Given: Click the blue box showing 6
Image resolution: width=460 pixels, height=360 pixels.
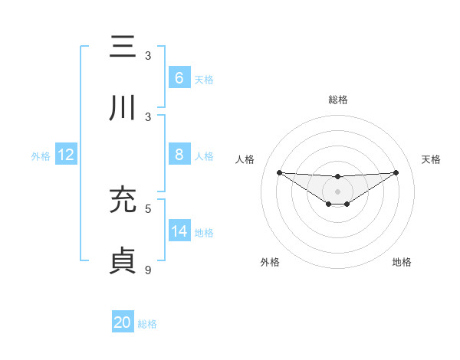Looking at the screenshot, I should pyautogui.click(x=179, y=77).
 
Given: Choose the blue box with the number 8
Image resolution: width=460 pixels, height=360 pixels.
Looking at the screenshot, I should pyautogui.click(x=179, y=155).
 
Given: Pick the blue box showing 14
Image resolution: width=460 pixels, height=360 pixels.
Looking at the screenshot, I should pyautogui.click(x=179, y=231).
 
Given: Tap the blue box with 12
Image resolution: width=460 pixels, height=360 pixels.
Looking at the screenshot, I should pyautogui.click(x=65, y=155).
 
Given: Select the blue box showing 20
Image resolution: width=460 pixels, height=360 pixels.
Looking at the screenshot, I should pyautogui.click(x=123, y=322).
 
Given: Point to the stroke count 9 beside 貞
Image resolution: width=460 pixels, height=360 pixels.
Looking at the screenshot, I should pyautogui.click(x=148, y=270).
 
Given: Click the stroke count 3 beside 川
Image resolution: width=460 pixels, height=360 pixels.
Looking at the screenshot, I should pyautogui.click(x=148, y=116).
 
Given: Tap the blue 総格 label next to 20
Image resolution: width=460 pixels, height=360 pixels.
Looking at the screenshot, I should pyautogui.click(x=147, y=324).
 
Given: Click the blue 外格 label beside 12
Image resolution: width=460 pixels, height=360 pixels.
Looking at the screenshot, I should pyautogui.click(x=41, y=155).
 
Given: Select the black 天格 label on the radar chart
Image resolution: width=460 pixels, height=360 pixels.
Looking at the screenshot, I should pyautogui.click(x=431, y=159).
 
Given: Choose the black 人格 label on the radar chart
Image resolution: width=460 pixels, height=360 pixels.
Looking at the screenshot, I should pyautogui.click(x=246, y=159).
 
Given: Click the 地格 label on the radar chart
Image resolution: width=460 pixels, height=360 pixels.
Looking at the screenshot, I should pyautogui.click(x=402, y=262).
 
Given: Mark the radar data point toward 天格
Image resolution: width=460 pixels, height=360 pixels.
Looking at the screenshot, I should pyautogui.click(x=396, y=172).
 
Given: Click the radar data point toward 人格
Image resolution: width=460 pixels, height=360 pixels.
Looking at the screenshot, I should pyautogui.click(x=279, y=172).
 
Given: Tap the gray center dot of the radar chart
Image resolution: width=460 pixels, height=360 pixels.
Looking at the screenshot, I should pyautogui.click(x=337, y=191).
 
